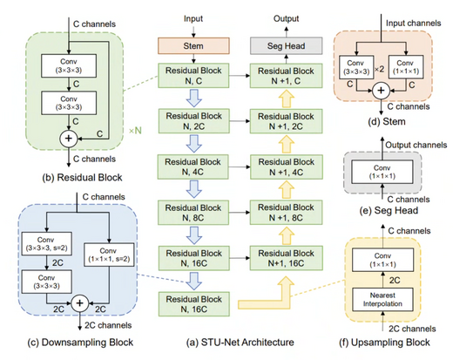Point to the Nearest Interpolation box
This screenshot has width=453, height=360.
pyautogui.click(x=387, y=299)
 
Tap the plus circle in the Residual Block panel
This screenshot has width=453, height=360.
pyautogui.click(x=66, y=137)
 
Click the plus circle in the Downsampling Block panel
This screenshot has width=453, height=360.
pyautogui.click(x=79, y=302)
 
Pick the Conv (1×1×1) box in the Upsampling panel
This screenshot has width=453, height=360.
pyautogui.click(x=387, y=260)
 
